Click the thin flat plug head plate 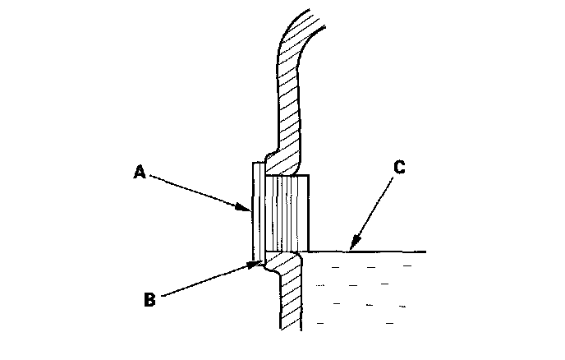click(256, 210)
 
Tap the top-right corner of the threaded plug click(309, 175)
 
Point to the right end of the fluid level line click(425, 251)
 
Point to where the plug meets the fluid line click(310, 251)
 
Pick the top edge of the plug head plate click(256, 163)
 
